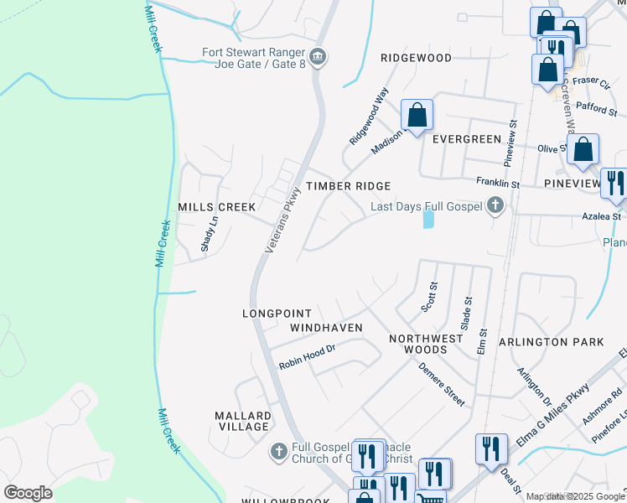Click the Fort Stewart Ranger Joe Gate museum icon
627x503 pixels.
pos(318,58)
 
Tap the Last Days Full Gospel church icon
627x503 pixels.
pos(495,205)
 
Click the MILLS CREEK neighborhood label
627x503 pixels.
pos(216,207)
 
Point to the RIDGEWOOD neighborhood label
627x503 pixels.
pos(416,58)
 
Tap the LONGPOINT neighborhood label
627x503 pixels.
pos(277,314)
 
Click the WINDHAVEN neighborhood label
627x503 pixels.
pos(326,327)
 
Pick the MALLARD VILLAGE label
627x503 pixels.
pos(243,421)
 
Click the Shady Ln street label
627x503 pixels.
pos(209,235)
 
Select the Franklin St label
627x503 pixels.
pos(498,183)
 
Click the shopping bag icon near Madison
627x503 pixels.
pos(417,115)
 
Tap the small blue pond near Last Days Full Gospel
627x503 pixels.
pos(429,220)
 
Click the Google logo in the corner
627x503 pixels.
pos(28,493)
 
